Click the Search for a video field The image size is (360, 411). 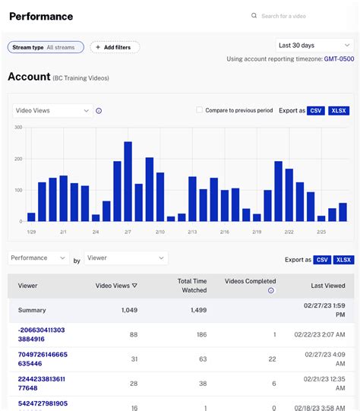click(296, 16)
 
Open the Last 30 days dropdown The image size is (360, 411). click(312, 46)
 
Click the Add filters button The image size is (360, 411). click(115, 47)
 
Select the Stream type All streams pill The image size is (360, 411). click(46, 47)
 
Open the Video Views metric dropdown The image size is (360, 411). click(52, 110)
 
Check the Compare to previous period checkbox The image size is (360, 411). click(200, 110)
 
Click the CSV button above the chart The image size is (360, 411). click(316, 110)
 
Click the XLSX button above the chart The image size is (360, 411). click(339, 110)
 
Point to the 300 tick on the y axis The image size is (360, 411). click(17, 127)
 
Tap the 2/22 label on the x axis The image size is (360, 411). click(289, 231)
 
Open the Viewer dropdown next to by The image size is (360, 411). click(125, 258)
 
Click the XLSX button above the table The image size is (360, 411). click(344, 259)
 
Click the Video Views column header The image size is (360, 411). click(116, 286)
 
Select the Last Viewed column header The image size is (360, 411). click(328, 286)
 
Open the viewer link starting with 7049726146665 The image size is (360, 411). click(43, 359)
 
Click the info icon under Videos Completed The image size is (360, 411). click(271, 290)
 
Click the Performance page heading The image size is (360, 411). click(41, 16)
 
